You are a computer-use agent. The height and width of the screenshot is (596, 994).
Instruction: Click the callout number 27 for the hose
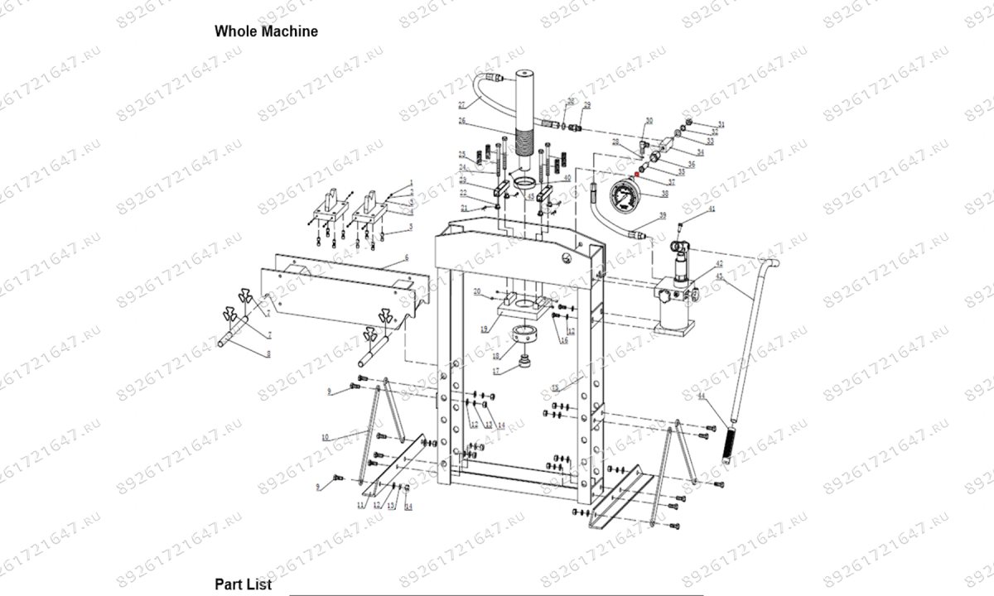click(x=461, y=104)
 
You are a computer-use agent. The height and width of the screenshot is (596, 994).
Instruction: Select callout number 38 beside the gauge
click(x=663, y=194)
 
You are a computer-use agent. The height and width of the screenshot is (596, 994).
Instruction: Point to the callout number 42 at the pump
click(x=719, y=263)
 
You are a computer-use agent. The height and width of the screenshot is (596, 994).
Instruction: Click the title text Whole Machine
click(x=266, y=31)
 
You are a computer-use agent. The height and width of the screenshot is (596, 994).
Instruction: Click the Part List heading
click(x=243, y=584)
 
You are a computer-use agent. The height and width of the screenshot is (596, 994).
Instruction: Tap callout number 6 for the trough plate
click(x=407, y=258)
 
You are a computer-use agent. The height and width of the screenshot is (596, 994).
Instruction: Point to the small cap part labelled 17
click(x=524, y=363)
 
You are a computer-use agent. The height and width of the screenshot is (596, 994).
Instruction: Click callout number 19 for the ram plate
click(x=484, y=329)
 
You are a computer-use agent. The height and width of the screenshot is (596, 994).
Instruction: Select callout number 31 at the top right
click(x=721, y=124)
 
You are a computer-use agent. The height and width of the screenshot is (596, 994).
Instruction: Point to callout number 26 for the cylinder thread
click(x=463, y=121)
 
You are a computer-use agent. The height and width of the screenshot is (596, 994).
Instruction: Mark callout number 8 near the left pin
click(x=268, y=354)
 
